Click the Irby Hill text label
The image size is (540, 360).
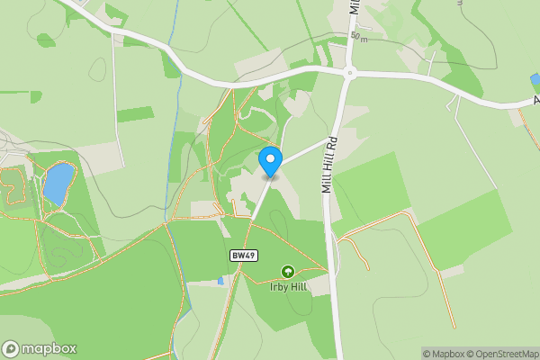(288, 287)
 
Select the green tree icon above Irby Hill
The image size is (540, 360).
(288, 271)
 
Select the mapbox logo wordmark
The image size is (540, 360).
(49, 348)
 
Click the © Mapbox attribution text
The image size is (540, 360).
(441, 353)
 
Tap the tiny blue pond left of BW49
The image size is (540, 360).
(220, 281)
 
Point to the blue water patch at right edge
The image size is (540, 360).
(535, 80)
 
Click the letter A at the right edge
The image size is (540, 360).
(524, 103)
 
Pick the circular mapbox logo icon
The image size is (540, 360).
(12, 348)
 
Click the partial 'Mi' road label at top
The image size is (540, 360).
(355, 7)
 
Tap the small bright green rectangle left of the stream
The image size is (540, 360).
(135, 114)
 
